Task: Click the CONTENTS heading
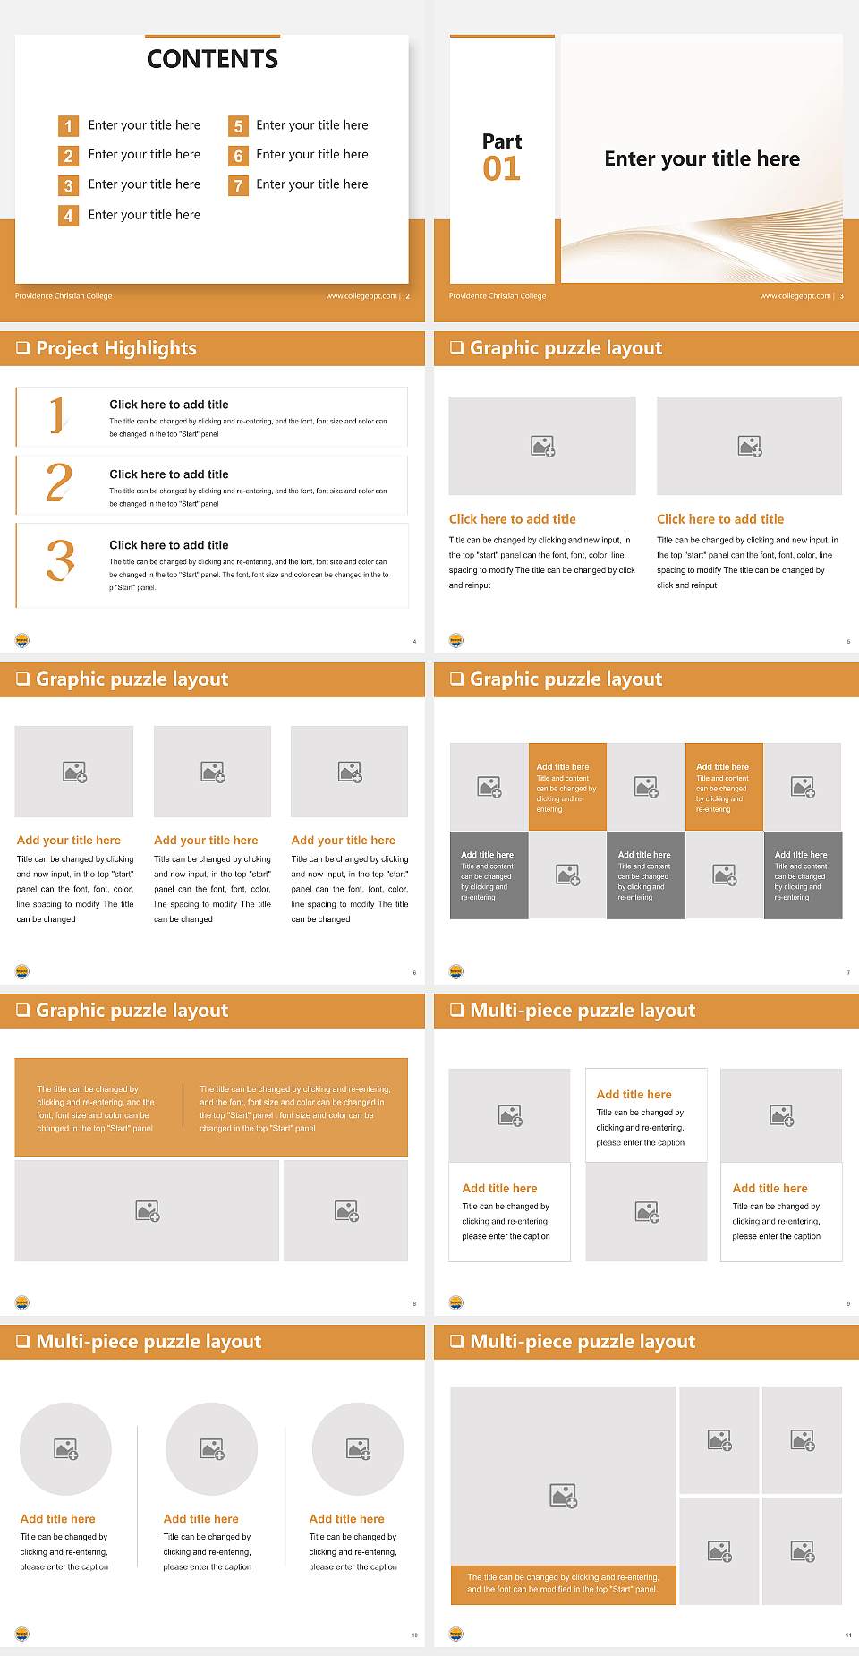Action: click(212, 59)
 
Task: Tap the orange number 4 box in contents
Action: click(68, 216)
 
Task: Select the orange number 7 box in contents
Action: click(238, 186)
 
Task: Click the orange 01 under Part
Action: click(501, 169)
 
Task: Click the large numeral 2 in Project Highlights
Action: click(59, 483)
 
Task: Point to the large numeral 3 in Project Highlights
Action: click(60, 561)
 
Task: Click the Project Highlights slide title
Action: click(115, 348)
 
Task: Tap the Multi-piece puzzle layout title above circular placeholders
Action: click(149, 1341)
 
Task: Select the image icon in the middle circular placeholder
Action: click(212, 1448)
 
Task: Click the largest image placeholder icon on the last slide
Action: click(563, 1495)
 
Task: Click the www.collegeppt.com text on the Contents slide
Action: click(361, 296)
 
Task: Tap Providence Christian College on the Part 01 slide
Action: click(498, 296)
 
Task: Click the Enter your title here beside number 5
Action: click(311, 125)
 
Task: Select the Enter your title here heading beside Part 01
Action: click(702, 159)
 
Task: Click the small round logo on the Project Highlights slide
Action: click(22, 640)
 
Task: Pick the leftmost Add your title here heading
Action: click(69, 841)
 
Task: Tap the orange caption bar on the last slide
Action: click(563, 1583)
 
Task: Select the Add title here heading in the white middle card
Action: click(634, 1094)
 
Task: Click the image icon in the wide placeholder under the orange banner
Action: click(148, 1211)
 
